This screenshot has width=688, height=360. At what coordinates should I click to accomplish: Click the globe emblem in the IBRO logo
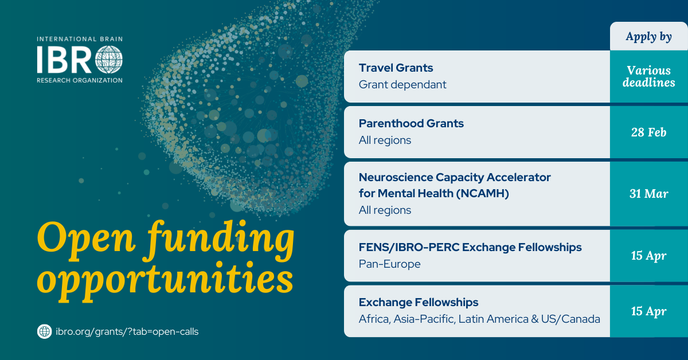pyautogui.click(x=109, y=60)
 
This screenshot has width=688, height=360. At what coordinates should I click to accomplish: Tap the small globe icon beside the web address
pyautogui.click(x=45, y=331)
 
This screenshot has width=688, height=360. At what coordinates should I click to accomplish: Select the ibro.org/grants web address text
pyautogui.click(x=127, y=332)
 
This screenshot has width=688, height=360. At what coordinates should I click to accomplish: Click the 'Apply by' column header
pyautogui.click(x=648, y=37)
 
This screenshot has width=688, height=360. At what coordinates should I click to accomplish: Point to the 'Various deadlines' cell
pyautogui.click(x=648, y=76)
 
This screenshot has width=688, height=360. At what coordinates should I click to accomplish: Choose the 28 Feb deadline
pyautogui.click(x=648, y=132)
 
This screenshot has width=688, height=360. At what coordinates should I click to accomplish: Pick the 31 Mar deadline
pyautogui.click(x=648, y=194)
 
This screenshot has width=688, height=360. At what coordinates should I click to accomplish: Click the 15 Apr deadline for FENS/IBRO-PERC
pyautogui.click(x=648, y=256)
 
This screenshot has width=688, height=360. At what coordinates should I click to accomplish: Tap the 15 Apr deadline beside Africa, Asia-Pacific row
pyautogui.click(x=648, y=311)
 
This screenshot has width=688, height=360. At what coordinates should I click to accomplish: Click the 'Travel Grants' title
pyautogui.click(x=396, y=68)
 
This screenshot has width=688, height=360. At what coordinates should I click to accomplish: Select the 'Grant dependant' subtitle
pyautogui.click(x=402, y=84)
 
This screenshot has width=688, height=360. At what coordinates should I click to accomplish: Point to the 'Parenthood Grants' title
pyautogui.click(x=411, y=123)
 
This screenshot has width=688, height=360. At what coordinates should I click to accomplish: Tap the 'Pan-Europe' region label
pyautogui.click(x=389, y=264)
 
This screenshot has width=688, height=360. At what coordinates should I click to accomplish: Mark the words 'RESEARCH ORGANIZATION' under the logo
pyautogui.click(x=80, y=80)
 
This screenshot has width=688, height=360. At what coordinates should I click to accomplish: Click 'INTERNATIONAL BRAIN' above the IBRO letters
pyautogui.click(x=80, y=39)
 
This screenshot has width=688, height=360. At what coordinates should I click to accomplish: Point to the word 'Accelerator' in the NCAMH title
pyautogui.click(x=519, y=177)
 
